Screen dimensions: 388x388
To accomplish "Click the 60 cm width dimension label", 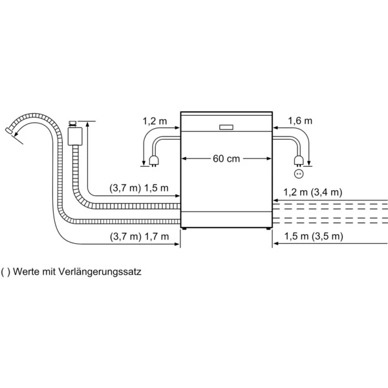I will [224, 158].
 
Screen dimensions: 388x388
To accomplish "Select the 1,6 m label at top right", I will [300, 120].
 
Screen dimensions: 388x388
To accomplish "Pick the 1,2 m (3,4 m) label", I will [313, 192].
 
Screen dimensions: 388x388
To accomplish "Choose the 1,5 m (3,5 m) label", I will [313, 237].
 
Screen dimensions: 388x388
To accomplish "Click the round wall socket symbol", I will [299, 173].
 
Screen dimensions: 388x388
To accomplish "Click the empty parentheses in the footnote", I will [6, 272].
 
